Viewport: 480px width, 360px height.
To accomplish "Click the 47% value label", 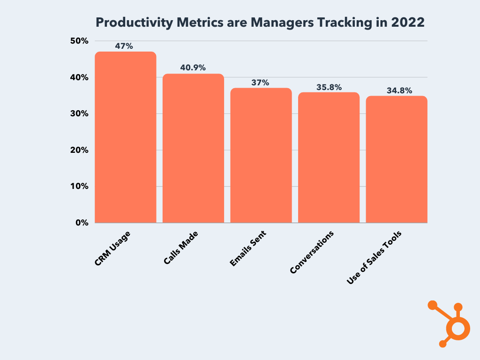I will point(124,46).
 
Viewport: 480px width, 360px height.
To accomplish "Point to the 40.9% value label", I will point(193,67).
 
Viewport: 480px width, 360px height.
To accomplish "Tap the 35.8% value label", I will point(329,87).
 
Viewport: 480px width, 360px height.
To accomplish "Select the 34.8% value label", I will point(399,90).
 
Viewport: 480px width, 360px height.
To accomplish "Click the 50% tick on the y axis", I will point(79,41).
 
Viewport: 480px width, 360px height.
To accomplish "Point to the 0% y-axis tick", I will point(82,223).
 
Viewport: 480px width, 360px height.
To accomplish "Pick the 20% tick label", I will point(79,150).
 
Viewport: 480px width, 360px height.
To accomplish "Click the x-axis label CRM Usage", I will point(112,248).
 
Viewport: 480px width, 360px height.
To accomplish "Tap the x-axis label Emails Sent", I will point(248,248).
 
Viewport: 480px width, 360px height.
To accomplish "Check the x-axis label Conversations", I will point(312,252).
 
